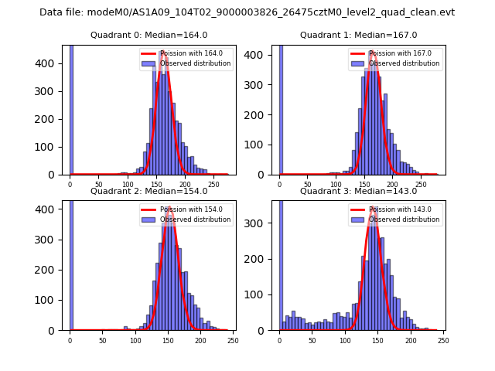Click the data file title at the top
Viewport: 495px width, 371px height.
pos(247,12)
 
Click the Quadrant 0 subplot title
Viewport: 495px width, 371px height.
pos(148,36)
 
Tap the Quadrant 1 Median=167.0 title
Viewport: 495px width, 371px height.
pos(358,36)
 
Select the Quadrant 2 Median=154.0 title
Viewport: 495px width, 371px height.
pos(148,191)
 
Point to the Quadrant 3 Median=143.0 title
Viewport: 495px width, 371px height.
pos(358,191)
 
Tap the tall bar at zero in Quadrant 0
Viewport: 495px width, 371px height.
pos(71,108)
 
